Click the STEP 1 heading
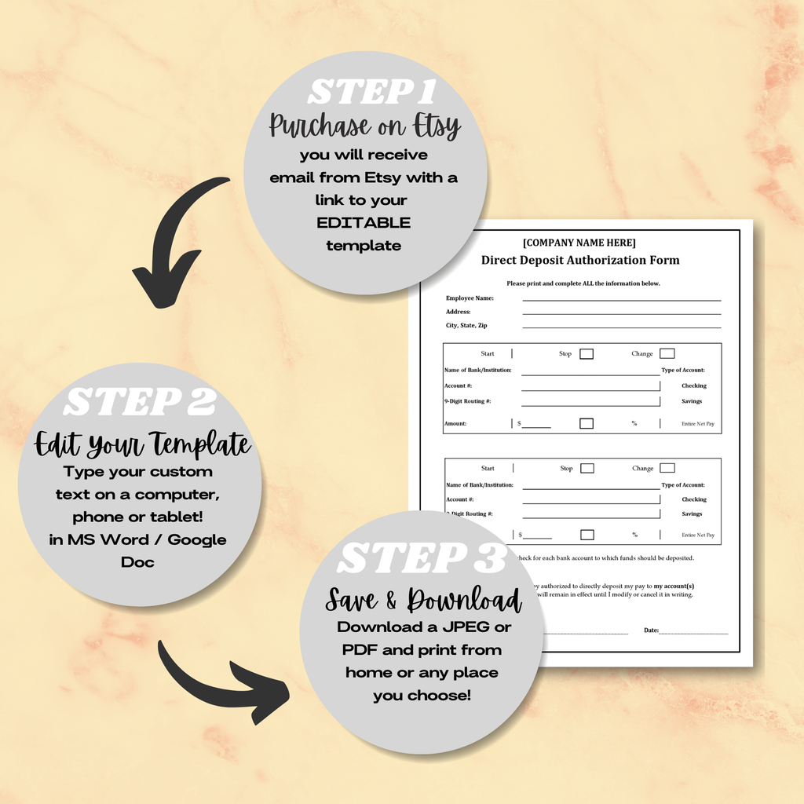371,92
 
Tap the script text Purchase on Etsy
364,126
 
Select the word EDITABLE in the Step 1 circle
364,222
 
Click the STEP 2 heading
140,403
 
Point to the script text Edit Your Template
142,444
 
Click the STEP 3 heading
422,559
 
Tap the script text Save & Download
423,600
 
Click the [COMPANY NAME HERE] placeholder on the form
579,243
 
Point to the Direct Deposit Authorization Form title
580,260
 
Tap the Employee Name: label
470,298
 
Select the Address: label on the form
459,312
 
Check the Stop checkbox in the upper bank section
587,354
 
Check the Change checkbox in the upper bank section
667,353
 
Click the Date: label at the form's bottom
652,630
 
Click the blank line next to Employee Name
621,299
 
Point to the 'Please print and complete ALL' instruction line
583,283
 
